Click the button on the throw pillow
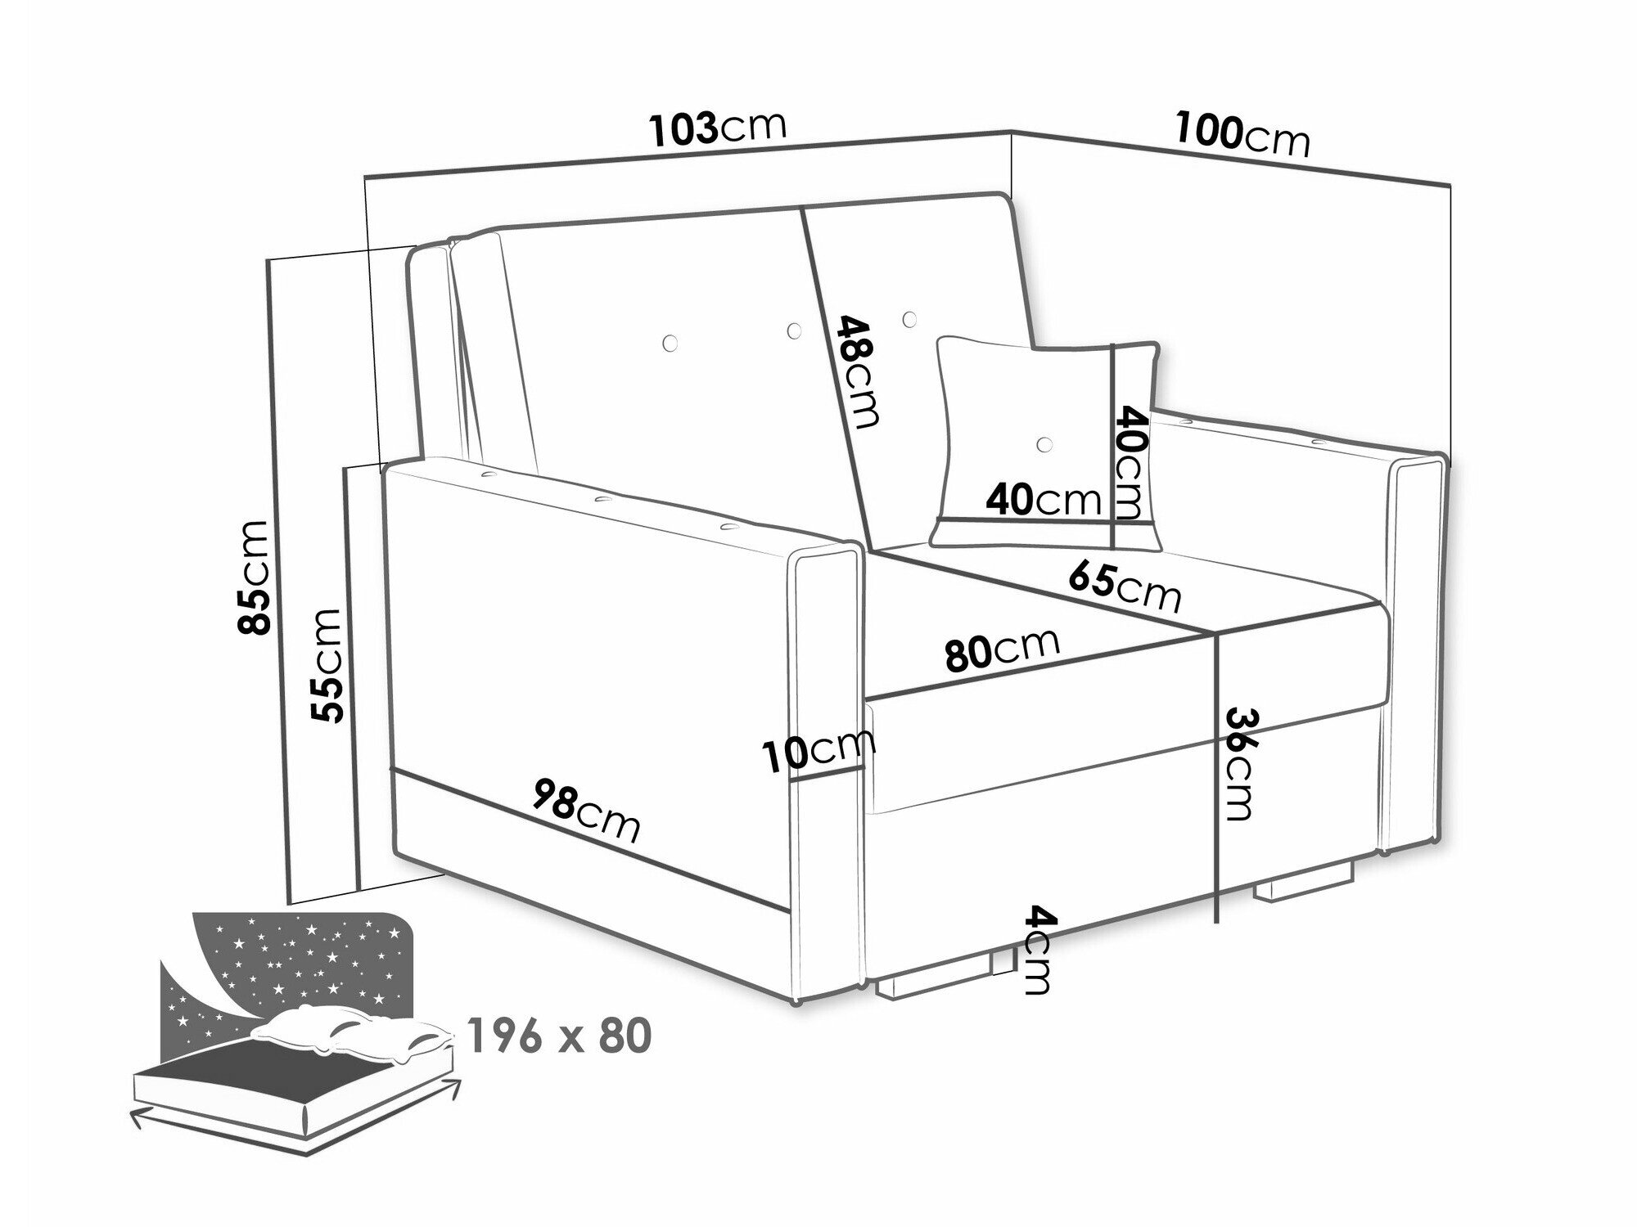[x=1043, y=444]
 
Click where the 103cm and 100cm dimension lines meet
[x=1012, y=132]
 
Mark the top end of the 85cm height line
[x=268, y=260]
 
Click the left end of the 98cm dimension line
[x=393, y=769]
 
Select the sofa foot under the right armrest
[x=1300, y=887]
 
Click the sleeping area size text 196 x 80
[x=561, y=1036]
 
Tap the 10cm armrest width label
[x=818, y=749]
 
